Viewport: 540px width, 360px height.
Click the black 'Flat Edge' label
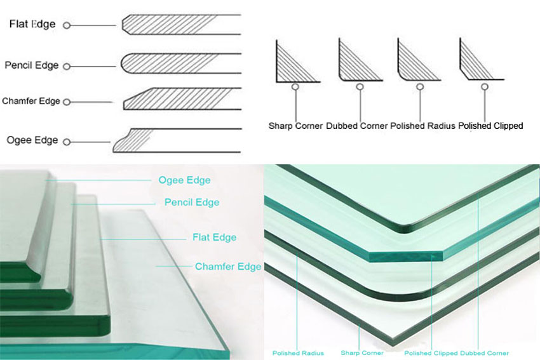click(x=32, y=24)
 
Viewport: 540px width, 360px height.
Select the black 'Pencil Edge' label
click(x=32, y=65)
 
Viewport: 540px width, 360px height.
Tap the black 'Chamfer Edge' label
click(x=31, y=101)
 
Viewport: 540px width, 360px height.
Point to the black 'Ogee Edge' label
click(x=32, y=140)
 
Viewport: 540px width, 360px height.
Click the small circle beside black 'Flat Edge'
click(x=67, y=25)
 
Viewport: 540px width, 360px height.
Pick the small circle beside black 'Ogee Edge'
click(x=67, y=142)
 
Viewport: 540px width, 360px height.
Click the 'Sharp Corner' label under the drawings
click(x=295, y=126)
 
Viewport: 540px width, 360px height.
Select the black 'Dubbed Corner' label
click(x=357, y=126)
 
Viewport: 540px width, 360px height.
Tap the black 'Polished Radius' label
click(x=422, y=126)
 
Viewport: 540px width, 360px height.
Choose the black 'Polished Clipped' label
click(x=490, y=126)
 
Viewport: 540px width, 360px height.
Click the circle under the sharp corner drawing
click(x=295, y=87)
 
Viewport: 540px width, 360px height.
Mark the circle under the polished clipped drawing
click(x=485, y=87)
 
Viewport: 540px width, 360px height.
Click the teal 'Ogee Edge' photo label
click(x=185, y=180)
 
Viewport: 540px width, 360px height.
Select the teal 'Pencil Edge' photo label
click(x=192, y=203)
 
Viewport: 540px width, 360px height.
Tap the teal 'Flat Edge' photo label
click(x=215, y=237)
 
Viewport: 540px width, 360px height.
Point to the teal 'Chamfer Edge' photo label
click(x=228, y=267)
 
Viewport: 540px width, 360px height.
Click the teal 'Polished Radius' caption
click(x=298, y=353)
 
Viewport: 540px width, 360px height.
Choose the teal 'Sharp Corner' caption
click(x=362, y=353)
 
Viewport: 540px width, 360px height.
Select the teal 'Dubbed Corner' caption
click(x=484, y=353)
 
